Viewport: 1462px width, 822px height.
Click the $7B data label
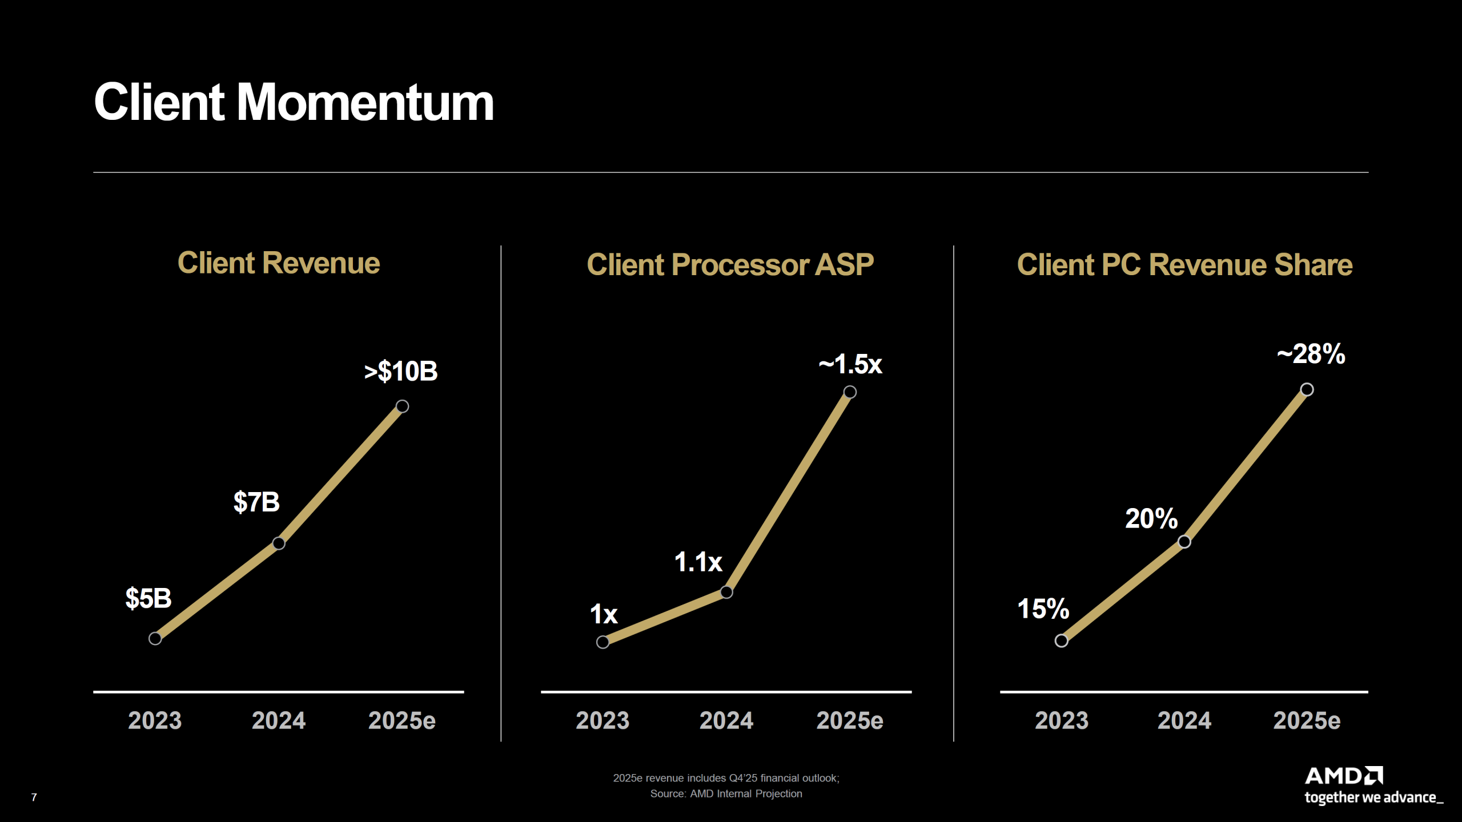256,502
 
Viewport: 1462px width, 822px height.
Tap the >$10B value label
401,372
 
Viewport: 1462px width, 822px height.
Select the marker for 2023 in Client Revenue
155,638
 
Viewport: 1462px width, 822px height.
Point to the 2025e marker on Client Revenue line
402,406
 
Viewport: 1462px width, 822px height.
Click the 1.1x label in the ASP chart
698,562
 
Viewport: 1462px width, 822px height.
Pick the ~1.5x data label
850,364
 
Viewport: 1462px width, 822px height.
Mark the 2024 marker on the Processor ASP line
726,592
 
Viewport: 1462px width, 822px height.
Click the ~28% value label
1311,354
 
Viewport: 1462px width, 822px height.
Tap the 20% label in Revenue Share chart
1151,519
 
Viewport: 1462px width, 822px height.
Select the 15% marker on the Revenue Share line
1062,640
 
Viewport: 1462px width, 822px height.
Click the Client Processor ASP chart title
730,265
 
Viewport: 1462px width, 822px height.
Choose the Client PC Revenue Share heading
1184,265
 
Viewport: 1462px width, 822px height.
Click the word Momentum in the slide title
365,103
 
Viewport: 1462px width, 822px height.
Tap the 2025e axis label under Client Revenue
402,720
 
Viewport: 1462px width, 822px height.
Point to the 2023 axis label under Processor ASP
603,720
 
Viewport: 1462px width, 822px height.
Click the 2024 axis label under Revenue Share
1184,720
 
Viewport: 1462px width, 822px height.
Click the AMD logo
1343,776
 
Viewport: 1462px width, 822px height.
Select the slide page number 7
34,797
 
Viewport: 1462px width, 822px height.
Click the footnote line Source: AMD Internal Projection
726,794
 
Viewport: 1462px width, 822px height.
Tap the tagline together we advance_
1373,797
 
